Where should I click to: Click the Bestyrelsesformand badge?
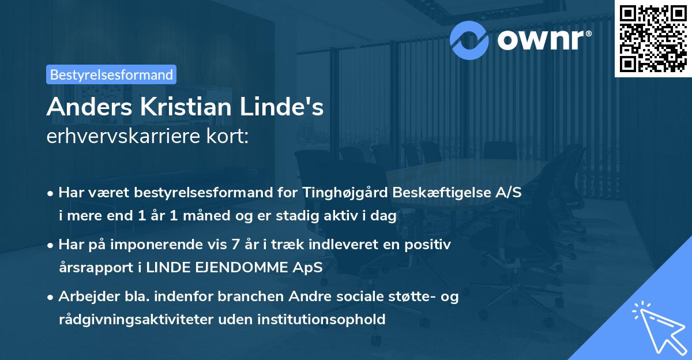(x=111, y=74)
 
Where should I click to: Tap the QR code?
(x=652, y=38)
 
